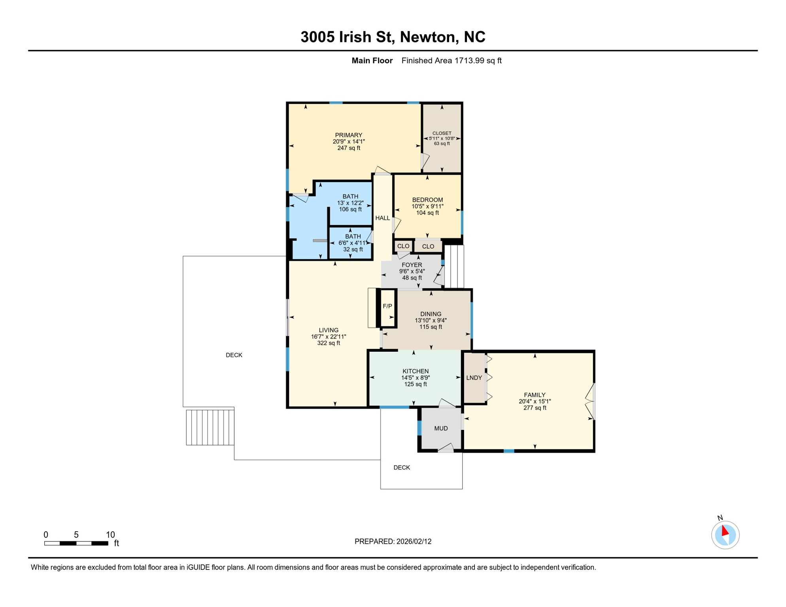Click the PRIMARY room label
coord(348,135)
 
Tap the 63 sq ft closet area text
coord(442,144)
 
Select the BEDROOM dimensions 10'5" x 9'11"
coord(427,206)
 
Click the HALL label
coord(382,218)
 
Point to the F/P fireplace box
coord(387,306)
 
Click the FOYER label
coord(412,265)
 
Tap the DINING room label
coord(431,314)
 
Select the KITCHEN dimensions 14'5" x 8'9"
coord(415,378)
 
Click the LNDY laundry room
coord(474,378)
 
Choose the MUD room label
coord(441,428)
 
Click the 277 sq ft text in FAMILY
coord(535,408)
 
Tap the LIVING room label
coord(329,330)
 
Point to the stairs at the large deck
coord(210,428)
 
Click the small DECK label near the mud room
coord(402,468)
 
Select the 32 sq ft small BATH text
coord(353,250)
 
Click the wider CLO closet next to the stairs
coord(428,247)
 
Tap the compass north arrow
coord(725,531)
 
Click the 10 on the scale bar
coord(110,535)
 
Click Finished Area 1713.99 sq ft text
coord(451,60)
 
